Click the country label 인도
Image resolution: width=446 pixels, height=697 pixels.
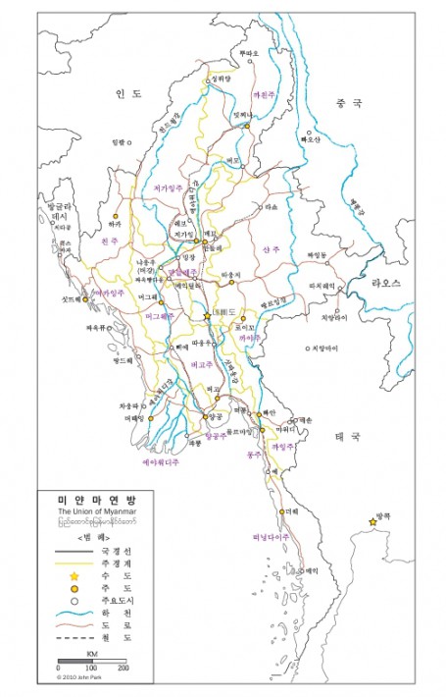(x=129, y=93)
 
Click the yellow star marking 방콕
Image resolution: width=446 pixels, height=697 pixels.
(x=373, y=521)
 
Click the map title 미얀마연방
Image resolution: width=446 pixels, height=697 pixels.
(x=97, y=501)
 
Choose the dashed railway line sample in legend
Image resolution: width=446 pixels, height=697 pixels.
(x=74, y=637)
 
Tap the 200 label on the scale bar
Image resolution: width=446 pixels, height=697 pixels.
(x=124, y=667)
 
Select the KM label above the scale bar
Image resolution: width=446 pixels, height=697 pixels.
(x=91, y=651)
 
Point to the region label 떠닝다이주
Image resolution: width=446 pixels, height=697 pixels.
(x=264, y=537)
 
